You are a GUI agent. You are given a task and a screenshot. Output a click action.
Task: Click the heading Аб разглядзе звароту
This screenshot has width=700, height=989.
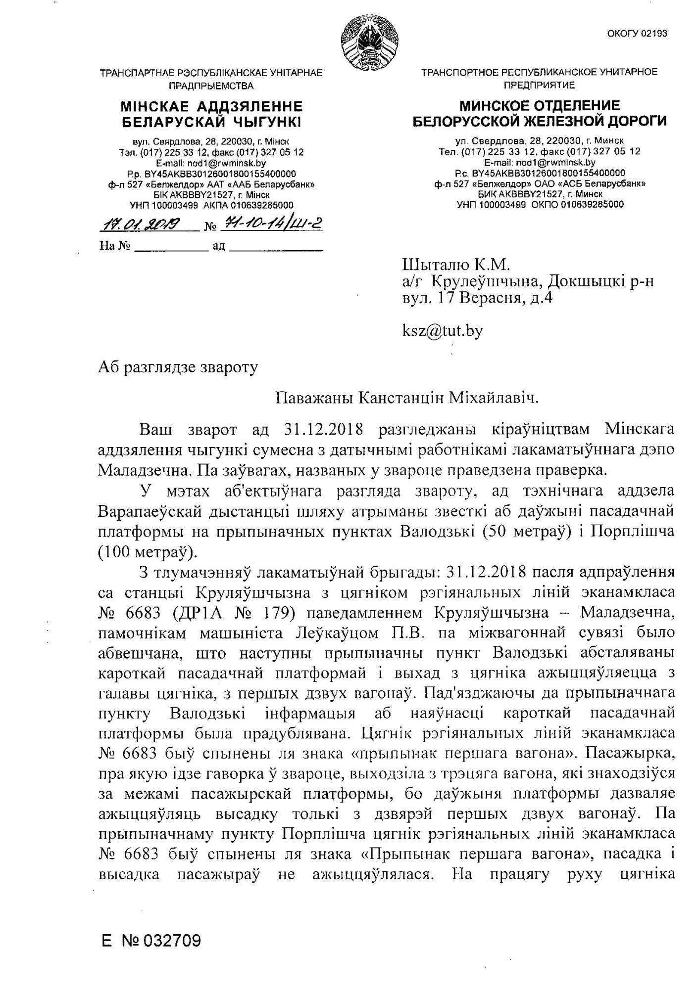tap(178, 367)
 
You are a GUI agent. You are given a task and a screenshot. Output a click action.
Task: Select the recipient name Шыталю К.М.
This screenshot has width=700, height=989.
tap(456, 265)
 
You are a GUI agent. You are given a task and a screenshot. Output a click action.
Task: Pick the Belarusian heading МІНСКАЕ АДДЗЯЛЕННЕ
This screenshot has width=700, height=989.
tap(211, 106)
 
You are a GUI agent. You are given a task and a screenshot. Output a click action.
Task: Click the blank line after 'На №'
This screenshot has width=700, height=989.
tap(171, 246)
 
